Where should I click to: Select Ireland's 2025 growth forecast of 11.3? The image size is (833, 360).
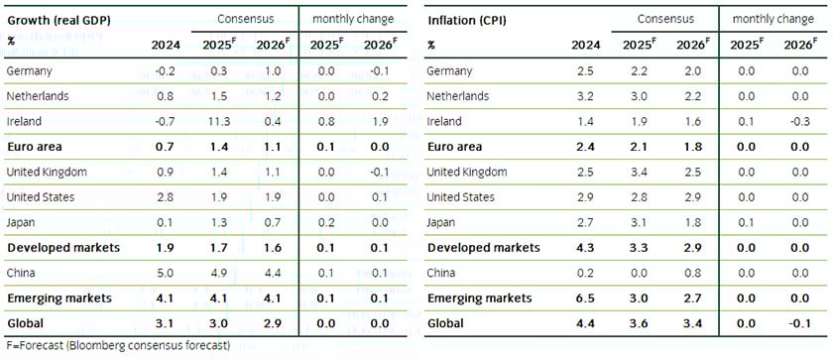tap(222, 121)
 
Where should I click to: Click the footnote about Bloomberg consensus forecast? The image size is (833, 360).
tap(116, 346)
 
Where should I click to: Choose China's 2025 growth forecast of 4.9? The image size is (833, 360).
tap(222, 273)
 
